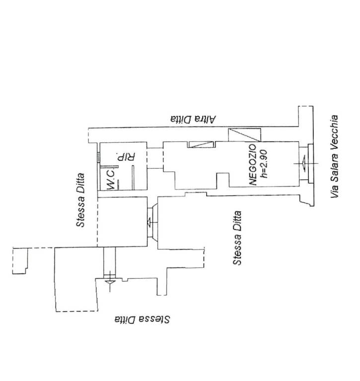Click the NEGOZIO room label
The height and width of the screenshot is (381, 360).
253,165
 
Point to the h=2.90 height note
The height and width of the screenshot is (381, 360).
264,164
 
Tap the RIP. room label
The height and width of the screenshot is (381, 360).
126,157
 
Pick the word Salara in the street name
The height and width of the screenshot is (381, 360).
335,167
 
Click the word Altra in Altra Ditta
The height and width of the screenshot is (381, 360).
205,119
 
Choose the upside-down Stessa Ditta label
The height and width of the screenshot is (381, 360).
142,319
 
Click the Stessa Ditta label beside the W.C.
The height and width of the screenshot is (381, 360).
80,200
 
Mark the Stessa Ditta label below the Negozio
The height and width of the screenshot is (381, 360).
237,238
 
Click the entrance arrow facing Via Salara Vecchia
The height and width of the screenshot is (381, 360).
303,164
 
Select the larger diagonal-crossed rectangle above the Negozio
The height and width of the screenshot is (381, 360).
244,135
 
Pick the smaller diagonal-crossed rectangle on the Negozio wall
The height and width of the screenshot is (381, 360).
201,144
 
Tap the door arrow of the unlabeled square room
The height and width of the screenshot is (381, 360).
149,222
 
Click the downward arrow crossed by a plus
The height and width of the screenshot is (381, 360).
110,282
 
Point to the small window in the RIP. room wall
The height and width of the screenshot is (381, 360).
98,157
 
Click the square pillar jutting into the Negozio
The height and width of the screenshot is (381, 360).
223,180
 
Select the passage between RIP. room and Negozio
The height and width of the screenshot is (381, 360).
155,158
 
